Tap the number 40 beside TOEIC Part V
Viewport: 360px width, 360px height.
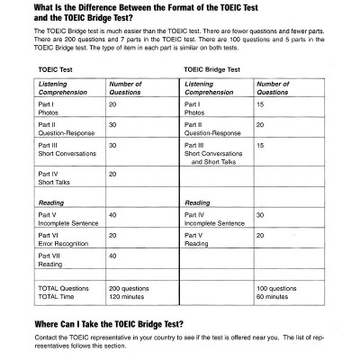point(112,215)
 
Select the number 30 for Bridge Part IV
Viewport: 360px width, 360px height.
point(260,215)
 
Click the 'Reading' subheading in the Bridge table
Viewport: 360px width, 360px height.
point(197,202)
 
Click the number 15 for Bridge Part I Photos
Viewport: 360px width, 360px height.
point(260,104)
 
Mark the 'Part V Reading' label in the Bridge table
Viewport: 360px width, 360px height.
point(196,238)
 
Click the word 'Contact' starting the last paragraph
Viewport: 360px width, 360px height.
point(46,337)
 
